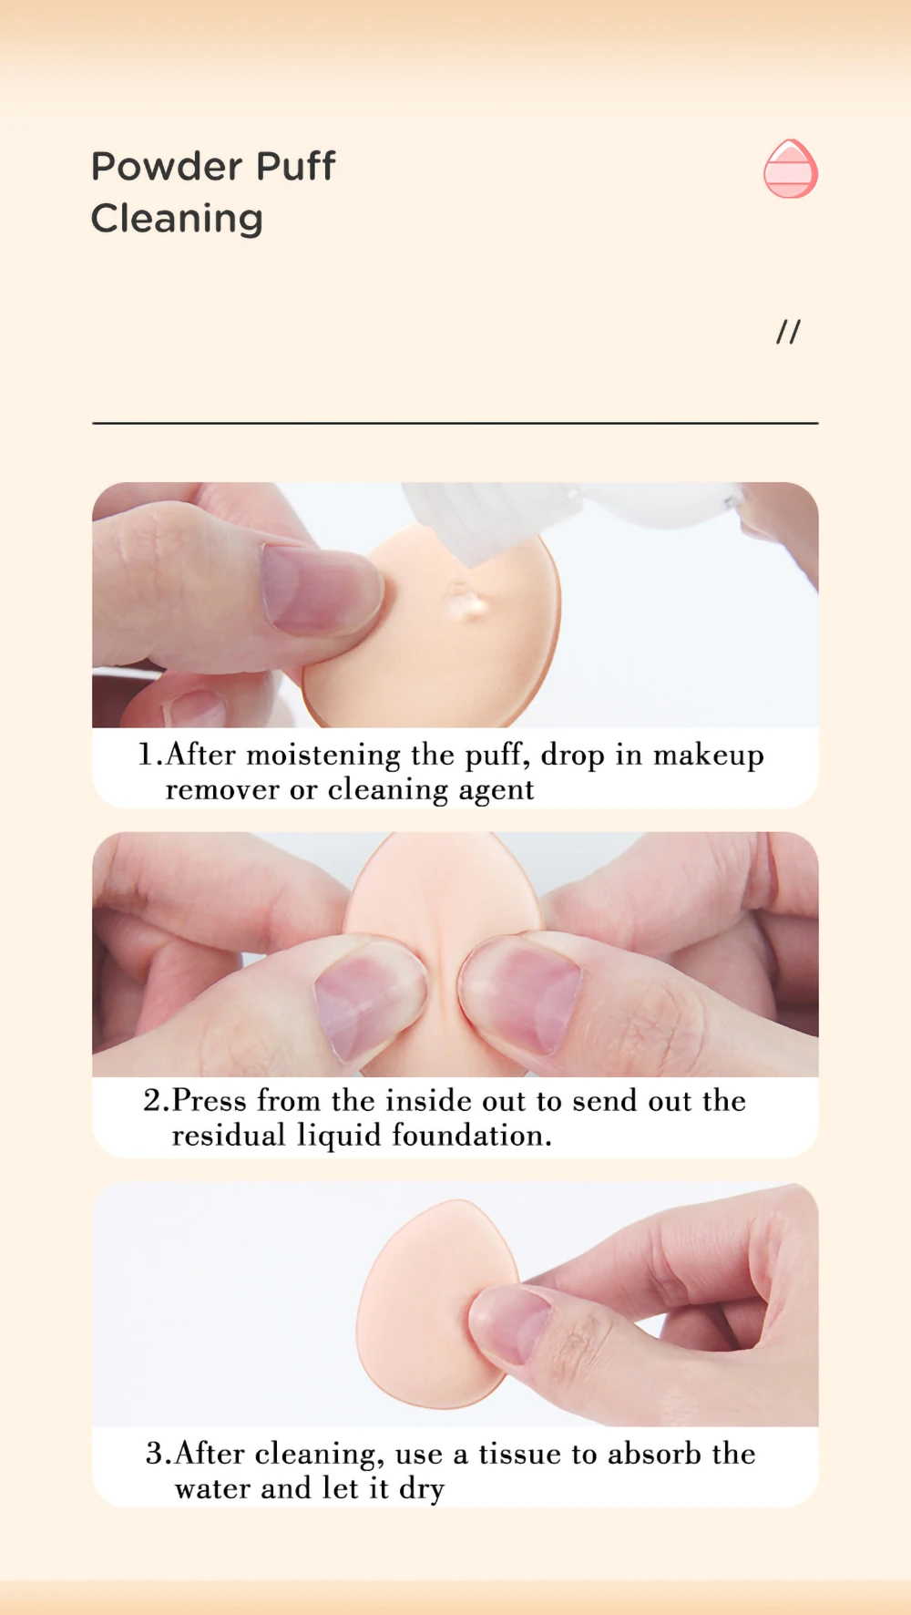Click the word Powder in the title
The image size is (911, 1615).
point(167,167)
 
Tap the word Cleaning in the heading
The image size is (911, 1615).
point(177,220)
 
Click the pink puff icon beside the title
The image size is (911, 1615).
point(791,169)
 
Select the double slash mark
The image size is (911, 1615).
point(788,332)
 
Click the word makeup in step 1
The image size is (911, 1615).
point(709,756)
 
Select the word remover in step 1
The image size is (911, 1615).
point(222,790)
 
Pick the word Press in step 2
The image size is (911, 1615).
point(209,1101)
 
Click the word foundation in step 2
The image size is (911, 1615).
point(472,1136)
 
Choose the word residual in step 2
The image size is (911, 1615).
point(228,1136)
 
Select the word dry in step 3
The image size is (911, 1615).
point(421,1490)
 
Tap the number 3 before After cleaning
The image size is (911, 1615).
point(154,1454)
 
